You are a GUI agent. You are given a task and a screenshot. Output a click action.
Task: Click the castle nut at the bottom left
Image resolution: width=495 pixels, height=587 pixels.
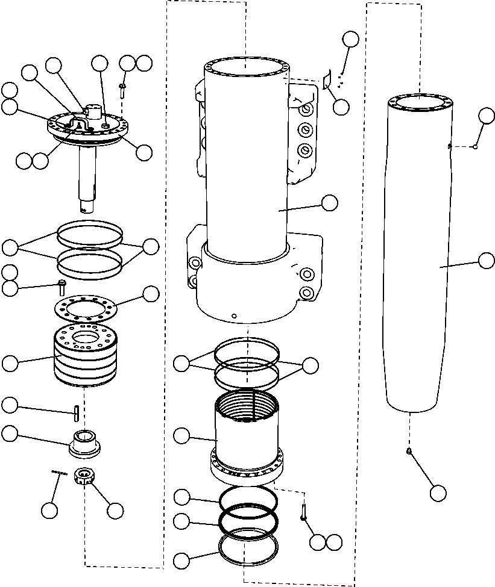coord(84,478)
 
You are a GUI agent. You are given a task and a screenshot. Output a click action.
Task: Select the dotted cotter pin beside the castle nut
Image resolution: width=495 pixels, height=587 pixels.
coord(58,473)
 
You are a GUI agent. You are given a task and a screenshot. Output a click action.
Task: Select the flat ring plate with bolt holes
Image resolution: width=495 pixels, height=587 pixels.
coord(88,308)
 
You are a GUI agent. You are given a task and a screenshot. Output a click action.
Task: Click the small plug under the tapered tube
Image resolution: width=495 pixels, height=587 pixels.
coord(409,452)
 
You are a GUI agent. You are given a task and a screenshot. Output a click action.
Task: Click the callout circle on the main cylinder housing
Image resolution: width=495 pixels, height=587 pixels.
coord(330,203)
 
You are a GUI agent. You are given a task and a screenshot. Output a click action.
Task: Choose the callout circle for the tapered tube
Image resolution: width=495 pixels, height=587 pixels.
coord(486,261)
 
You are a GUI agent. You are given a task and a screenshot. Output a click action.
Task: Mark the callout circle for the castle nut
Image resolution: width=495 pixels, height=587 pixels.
coord(115,510)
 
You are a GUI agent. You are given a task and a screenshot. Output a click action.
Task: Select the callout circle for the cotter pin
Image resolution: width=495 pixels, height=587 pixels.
coord(49,510)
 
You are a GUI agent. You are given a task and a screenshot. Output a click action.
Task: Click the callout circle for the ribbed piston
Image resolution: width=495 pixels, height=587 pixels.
coord(10,362)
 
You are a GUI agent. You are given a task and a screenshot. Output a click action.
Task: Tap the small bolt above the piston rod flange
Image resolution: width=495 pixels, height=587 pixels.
coord(122,89)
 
